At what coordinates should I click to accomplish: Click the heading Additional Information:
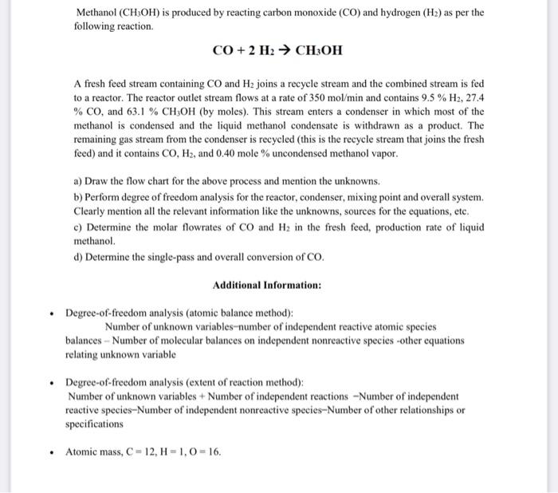(x=267, y=285)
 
